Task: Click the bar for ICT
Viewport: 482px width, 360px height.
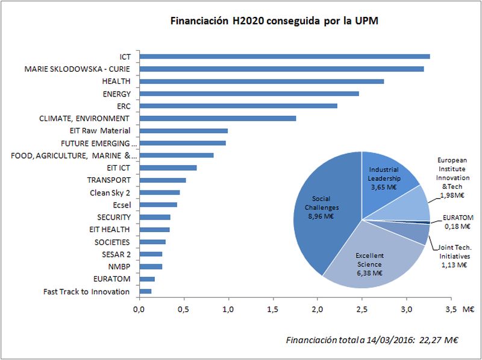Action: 284,56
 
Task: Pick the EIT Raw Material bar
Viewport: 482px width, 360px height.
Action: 183,130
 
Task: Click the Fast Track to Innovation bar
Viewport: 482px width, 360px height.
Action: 145,291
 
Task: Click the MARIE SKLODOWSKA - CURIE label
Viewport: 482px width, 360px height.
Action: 77,69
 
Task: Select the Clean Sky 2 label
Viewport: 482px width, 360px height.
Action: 110,192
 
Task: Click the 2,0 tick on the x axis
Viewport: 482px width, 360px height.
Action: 318,309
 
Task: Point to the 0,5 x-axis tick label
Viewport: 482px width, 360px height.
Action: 183,309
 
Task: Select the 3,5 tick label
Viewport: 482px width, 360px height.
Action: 451,309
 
